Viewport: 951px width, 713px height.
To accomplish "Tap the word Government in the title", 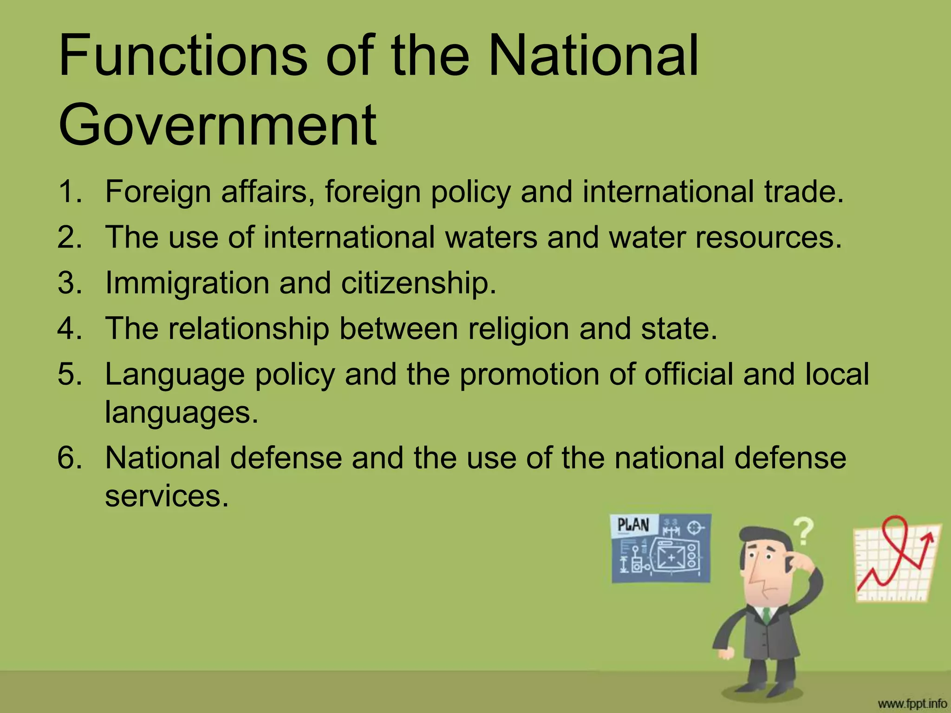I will tap(217, 125).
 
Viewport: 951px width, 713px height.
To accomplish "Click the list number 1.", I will tap(69, 191).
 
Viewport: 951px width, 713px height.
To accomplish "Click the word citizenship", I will tap(418, 283).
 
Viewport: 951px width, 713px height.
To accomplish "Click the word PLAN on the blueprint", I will tap(633, 525).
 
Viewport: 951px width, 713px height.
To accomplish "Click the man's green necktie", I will tap(767, 616).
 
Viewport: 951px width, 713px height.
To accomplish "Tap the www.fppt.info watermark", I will tap(912, 704).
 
